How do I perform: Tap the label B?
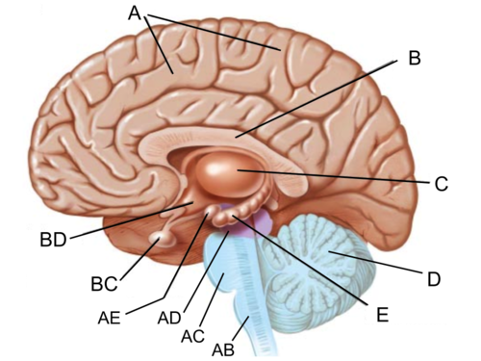414,59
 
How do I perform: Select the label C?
441,184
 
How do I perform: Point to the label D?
434,279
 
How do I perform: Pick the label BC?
104,284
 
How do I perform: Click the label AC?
192,336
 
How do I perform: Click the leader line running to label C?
337,176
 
